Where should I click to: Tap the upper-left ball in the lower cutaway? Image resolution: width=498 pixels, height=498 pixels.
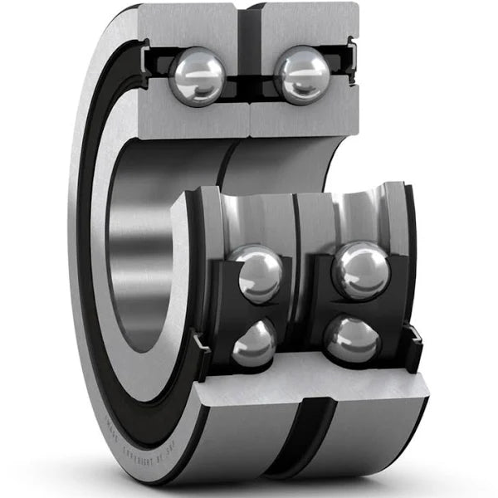click(x=259, y=275)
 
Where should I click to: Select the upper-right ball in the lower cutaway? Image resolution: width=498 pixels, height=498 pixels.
click(x=360, y=271)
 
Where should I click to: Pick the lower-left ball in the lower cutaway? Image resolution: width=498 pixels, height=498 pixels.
click(x=253, y=343)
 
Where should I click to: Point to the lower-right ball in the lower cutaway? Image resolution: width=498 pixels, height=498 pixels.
click(x=351, y=339)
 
